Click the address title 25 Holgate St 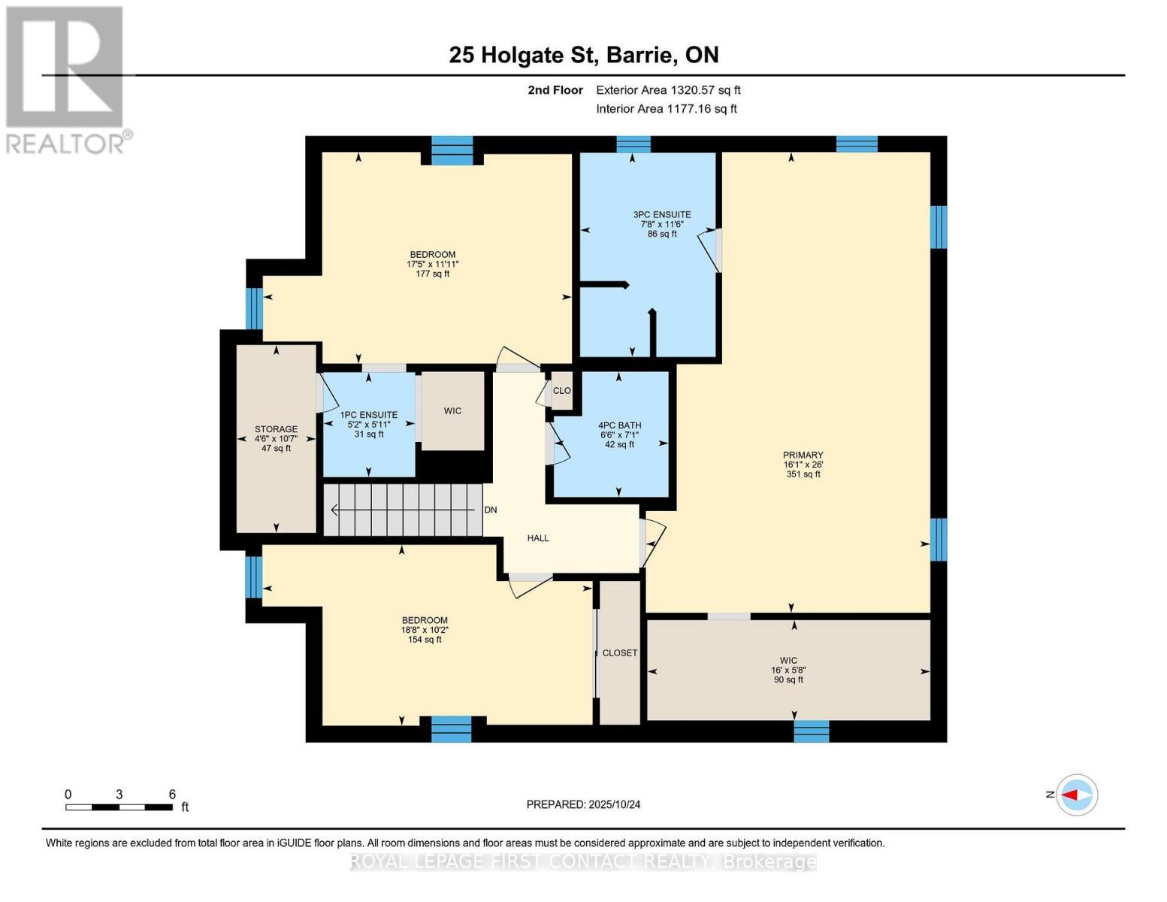(583, 55)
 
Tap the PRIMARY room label (803, 455)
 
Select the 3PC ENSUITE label (661, 214)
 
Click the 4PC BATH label (619, 425)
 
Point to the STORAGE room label (276, 429)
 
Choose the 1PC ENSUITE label (369, 415)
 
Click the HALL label (538, 538)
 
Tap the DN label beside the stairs (491, 510)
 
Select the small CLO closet (562, 391)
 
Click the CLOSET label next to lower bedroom (620, 653)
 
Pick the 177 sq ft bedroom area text (432, 274)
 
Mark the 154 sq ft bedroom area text (425, 640)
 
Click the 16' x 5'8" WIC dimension (788, 670)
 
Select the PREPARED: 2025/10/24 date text (583, 804)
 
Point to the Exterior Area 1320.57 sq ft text (668, 90)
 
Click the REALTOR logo (65, 79)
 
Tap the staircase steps (404, 510)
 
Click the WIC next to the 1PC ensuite (452, 411)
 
